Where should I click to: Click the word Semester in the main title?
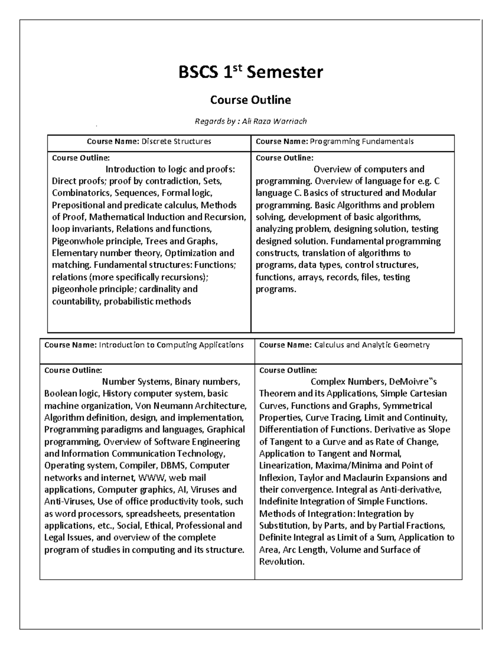(x=285, y=72)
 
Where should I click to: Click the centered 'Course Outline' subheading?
(x=251, y=100)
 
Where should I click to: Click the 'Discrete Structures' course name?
(x=176, y=141)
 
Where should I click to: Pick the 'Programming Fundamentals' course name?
(x=361, y=141)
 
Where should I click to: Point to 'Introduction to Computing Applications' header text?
(x=171, y=345)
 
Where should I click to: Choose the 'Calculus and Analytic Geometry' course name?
(x=372, y=345)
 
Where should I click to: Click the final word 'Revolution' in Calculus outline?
(x=281, y=561)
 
